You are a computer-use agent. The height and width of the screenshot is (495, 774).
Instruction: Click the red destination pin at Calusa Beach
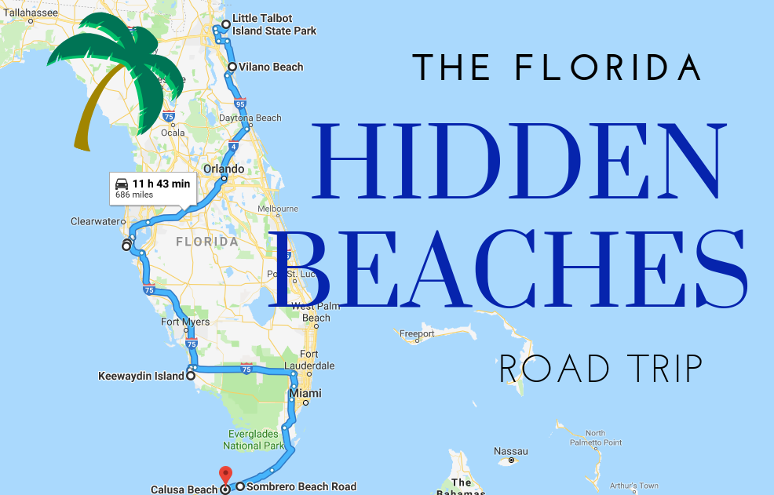(225, 475)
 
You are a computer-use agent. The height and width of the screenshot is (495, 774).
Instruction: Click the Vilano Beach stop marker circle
(232, 67)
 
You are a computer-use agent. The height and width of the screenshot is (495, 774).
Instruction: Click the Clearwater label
(94, 221)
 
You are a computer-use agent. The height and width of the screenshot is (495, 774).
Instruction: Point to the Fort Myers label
(185, 322)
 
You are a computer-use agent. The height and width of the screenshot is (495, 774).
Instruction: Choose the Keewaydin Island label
(140, 376)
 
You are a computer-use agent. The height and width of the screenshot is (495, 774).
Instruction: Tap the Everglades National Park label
(255, 439)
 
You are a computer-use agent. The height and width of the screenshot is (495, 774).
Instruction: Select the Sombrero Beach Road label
(301, 487)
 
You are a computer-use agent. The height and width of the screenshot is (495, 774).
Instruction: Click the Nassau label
(511, 451)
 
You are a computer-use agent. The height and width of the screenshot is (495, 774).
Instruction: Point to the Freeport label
(417, 333)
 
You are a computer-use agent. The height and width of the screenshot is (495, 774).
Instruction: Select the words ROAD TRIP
(601, 367)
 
